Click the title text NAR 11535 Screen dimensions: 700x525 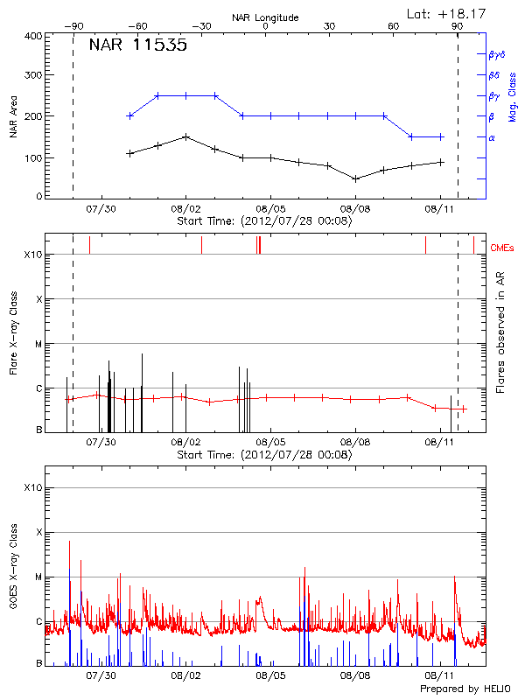click(137, 46)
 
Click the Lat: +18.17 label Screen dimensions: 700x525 click(447, 12)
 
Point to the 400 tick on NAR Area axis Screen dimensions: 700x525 click(33, 37)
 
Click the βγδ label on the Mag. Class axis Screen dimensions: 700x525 click(496, 54)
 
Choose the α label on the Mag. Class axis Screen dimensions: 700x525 click(492, 138)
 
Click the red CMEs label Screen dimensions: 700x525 click(503, 249)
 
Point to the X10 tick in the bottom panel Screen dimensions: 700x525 click(33, 487)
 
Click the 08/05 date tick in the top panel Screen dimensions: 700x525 click(270, 208)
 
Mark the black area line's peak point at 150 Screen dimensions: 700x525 click(185, 136)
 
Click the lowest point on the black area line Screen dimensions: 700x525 click(355, 178)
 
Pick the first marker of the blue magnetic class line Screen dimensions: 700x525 click(130, 115)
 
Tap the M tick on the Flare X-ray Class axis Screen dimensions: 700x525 click(38, 344)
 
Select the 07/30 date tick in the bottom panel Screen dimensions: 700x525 click(101, 675)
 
